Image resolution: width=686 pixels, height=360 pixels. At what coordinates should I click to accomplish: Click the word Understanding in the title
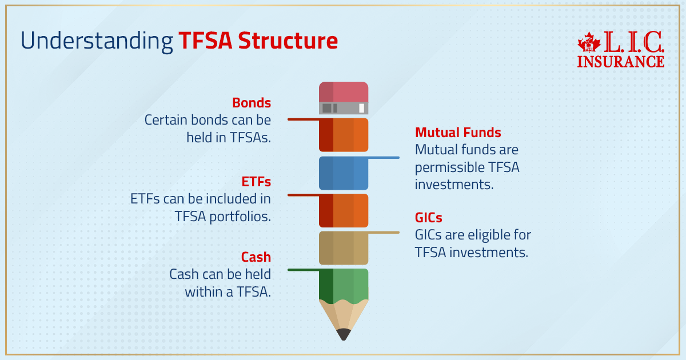[97, 41]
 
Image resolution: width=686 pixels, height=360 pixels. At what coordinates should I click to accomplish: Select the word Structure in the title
[288, 41]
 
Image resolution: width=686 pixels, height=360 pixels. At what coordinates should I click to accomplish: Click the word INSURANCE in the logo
[620, 61]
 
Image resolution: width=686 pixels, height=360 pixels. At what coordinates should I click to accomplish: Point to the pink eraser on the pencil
[344, 91]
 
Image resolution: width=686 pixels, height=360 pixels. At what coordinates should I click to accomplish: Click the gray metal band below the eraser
[344, 108]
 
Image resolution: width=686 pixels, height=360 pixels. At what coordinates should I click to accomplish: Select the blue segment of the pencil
[344, 173]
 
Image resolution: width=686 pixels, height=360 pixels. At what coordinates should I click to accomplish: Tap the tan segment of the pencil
[344, 247]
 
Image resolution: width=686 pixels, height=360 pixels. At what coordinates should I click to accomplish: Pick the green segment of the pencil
[344, 284]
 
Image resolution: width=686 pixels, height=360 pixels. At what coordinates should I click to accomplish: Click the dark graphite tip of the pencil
[344, 334]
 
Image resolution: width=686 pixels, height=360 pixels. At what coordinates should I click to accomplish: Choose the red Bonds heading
[251, 103]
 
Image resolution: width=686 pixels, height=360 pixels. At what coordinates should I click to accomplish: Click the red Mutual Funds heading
[458, 133]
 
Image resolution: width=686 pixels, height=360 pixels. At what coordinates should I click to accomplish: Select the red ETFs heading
[256, 182]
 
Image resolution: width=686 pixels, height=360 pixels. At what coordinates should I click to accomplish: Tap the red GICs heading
[429, 218]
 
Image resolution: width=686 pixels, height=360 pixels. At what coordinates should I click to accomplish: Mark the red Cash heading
[256, 257]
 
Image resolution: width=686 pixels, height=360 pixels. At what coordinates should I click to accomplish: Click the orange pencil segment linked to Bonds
[344, 135]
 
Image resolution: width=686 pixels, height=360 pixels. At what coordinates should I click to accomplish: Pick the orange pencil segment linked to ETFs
[344, 210]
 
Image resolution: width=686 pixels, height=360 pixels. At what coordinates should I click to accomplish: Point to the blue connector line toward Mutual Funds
[383, 157]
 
